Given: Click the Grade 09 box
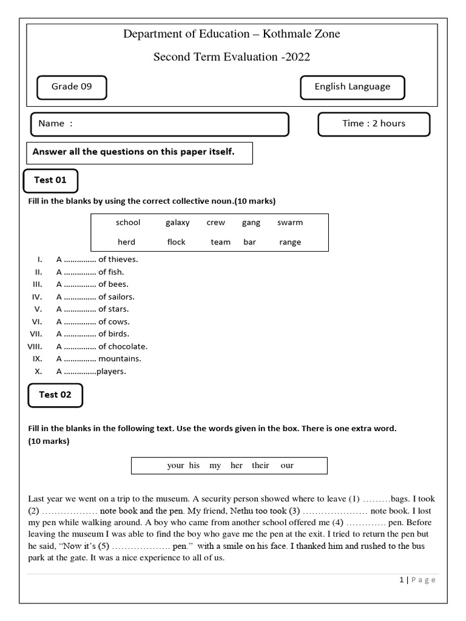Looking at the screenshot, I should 72,87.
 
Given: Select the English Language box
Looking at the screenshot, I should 352,87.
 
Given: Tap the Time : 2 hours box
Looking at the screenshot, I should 373,124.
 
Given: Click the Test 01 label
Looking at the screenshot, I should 50,180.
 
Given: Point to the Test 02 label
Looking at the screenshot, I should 55,395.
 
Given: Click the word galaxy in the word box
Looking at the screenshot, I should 177,223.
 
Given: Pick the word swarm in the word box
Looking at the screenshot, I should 290,223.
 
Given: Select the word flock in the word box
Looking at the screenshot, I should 176,242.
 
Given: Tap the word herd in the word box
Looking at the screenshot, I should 126,242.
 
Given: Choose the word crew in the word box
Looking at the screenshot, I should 215,223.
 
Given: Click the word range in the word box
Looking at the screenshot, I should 290,242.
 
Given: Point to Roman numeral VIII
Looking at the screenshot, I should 34,347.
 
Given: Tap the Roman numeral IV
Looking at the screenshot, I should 36,297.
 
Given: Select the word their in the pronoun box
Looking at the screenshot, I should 260,466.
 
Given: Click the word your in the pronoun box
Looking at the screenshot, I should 175,466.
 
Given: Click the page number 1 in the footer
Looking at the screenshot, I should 401,580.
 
